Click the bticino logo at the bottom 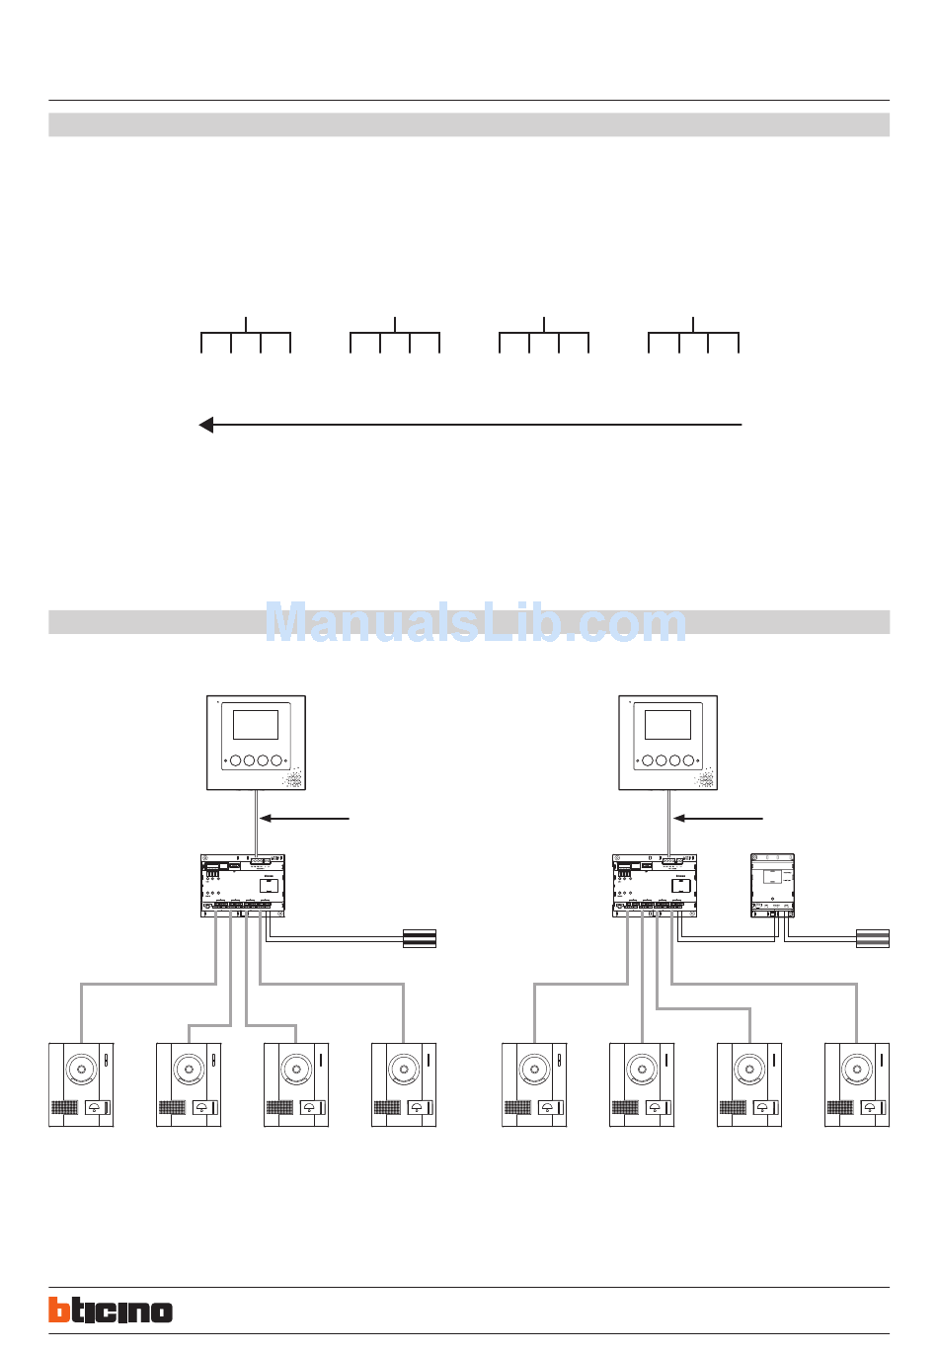[x=111, y=1310]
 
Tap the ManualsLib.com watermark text [x=475, y=622]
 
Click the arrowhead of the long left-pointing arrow [x=206, y=425]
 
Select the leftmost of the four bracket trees [x=246, y=336]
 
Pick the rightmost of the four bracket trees [x=693, y=336]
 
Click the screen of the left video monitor [x=256, y=725]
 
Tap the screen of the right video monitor [x=667, y=725]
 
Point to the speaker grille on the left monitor [x=292, y=780]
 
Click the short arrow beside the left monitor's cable [x=305, y=818]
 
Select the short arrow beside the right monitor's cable [x=718, y=818]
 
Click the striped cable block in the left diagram [x=420, y=938]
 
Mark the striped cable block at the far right [x=873, y=938]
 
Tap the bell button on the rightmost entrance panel [x=872, y=1108]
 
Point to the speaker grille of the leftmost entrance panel [x=64, y=1108]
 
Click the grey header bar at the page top [x=469, y=124]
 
